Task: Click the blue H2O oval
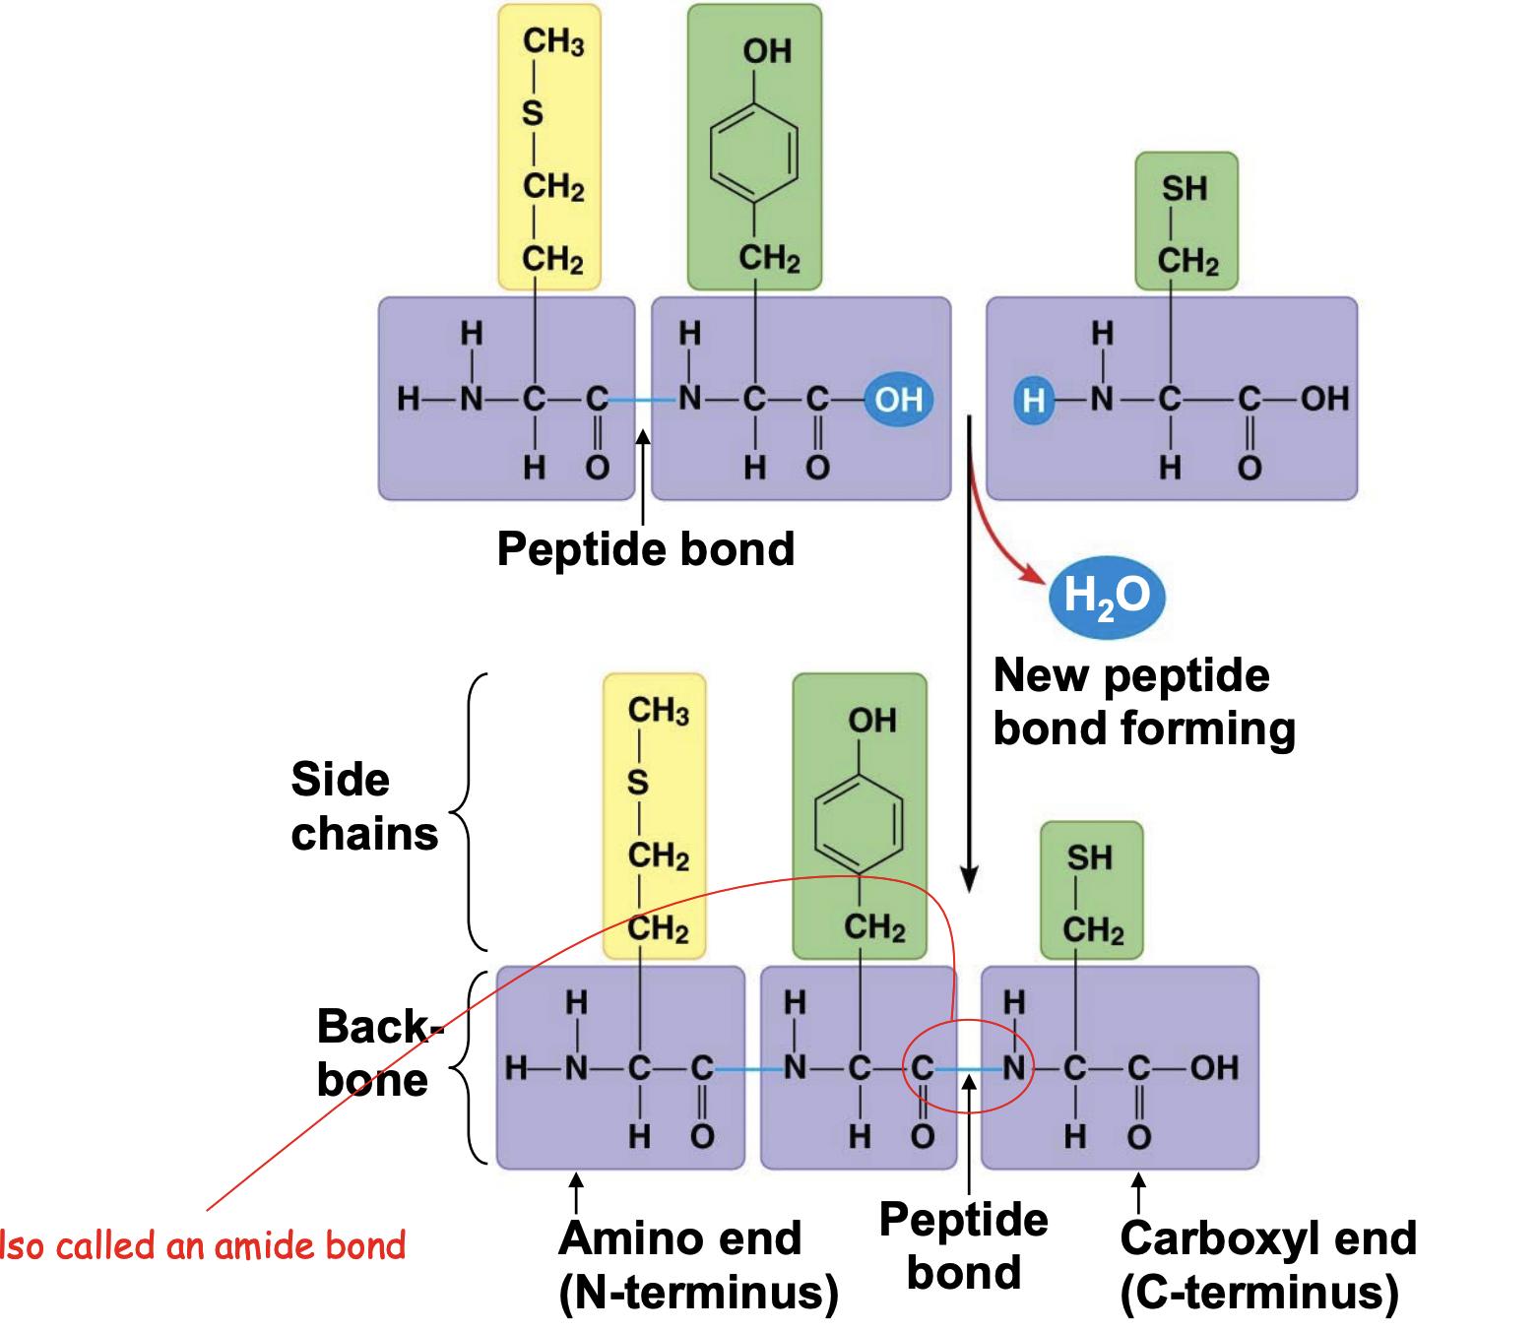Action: click(1107, 596)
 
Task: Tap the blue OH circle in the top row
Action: click(898, 400)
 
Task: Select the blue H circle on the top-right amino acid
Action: click(1033, 401)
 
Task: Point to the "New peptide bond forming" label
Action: click(1142, 702)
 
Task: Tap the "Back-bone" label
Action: click(374, 1053)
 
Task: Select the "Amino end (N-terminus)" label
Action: click(697, 1265)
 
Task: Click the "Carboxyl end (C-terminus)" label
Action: click(1267, 1265)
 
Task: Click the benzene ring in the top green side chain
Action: click(754, 154)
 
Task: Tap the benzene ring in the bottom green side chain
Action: click(859, 824)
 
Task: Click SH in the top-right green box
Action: click(1185, 188)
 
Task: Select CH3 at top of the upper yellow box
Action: click(552, 41)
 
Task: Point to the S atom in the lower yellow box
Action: click(638, 783)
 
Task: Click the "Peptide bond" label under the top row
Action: click(646, 548)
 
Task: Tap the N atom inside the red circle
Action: click(1013, 1068)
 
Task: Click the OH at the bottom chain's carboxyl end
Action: click(1214, 1068)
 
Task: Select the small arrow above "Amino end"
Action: click(577, 1191)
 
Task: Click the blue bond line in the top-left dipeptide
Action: click(643, 400)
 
